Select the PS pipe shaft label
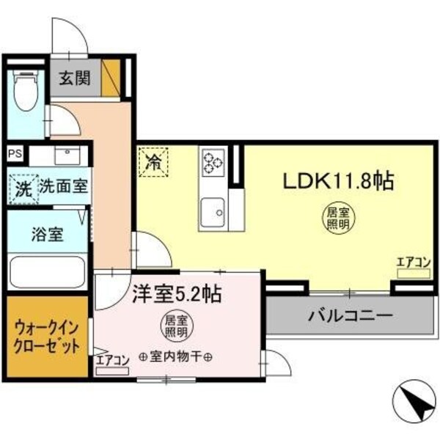[x=15, y=154]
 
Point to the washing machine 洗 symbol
[x=23, y=188]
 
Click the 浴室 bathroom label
[x=47, y=235]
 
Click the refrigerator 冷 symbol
[x=153, y=161]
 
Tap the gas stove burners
[x=213, y=162]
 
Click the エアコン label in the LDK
[x=413, y=261]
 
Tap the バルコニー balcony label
[x=350, y=317]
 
